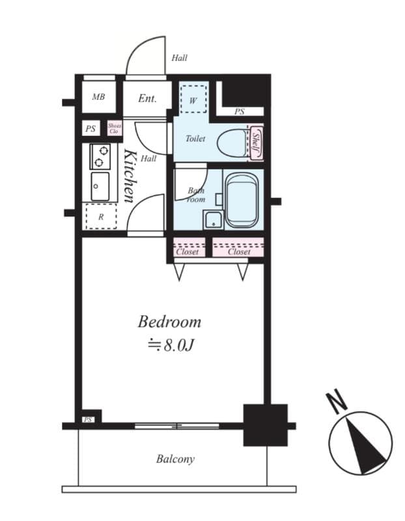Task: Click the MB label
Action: click(x=98, y=98)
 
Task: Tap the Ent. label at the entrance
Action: click(x=147, y=99)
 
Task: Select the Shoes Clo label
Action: click(x=115, y=128)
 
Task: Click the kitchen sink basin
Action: click(x=100, y=186)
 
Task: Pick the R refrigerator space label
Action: click(x=100, y=217)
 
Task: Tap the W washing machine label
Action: click(x=193, y=101)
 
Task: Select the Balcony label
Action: click(x=175, y=459)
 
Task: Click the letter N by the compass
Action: click(x=337, y=403)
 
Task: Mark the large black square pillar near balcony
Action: click(x=265, y=425)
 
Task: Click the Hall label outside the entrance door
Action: click(x=179, y=58)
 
